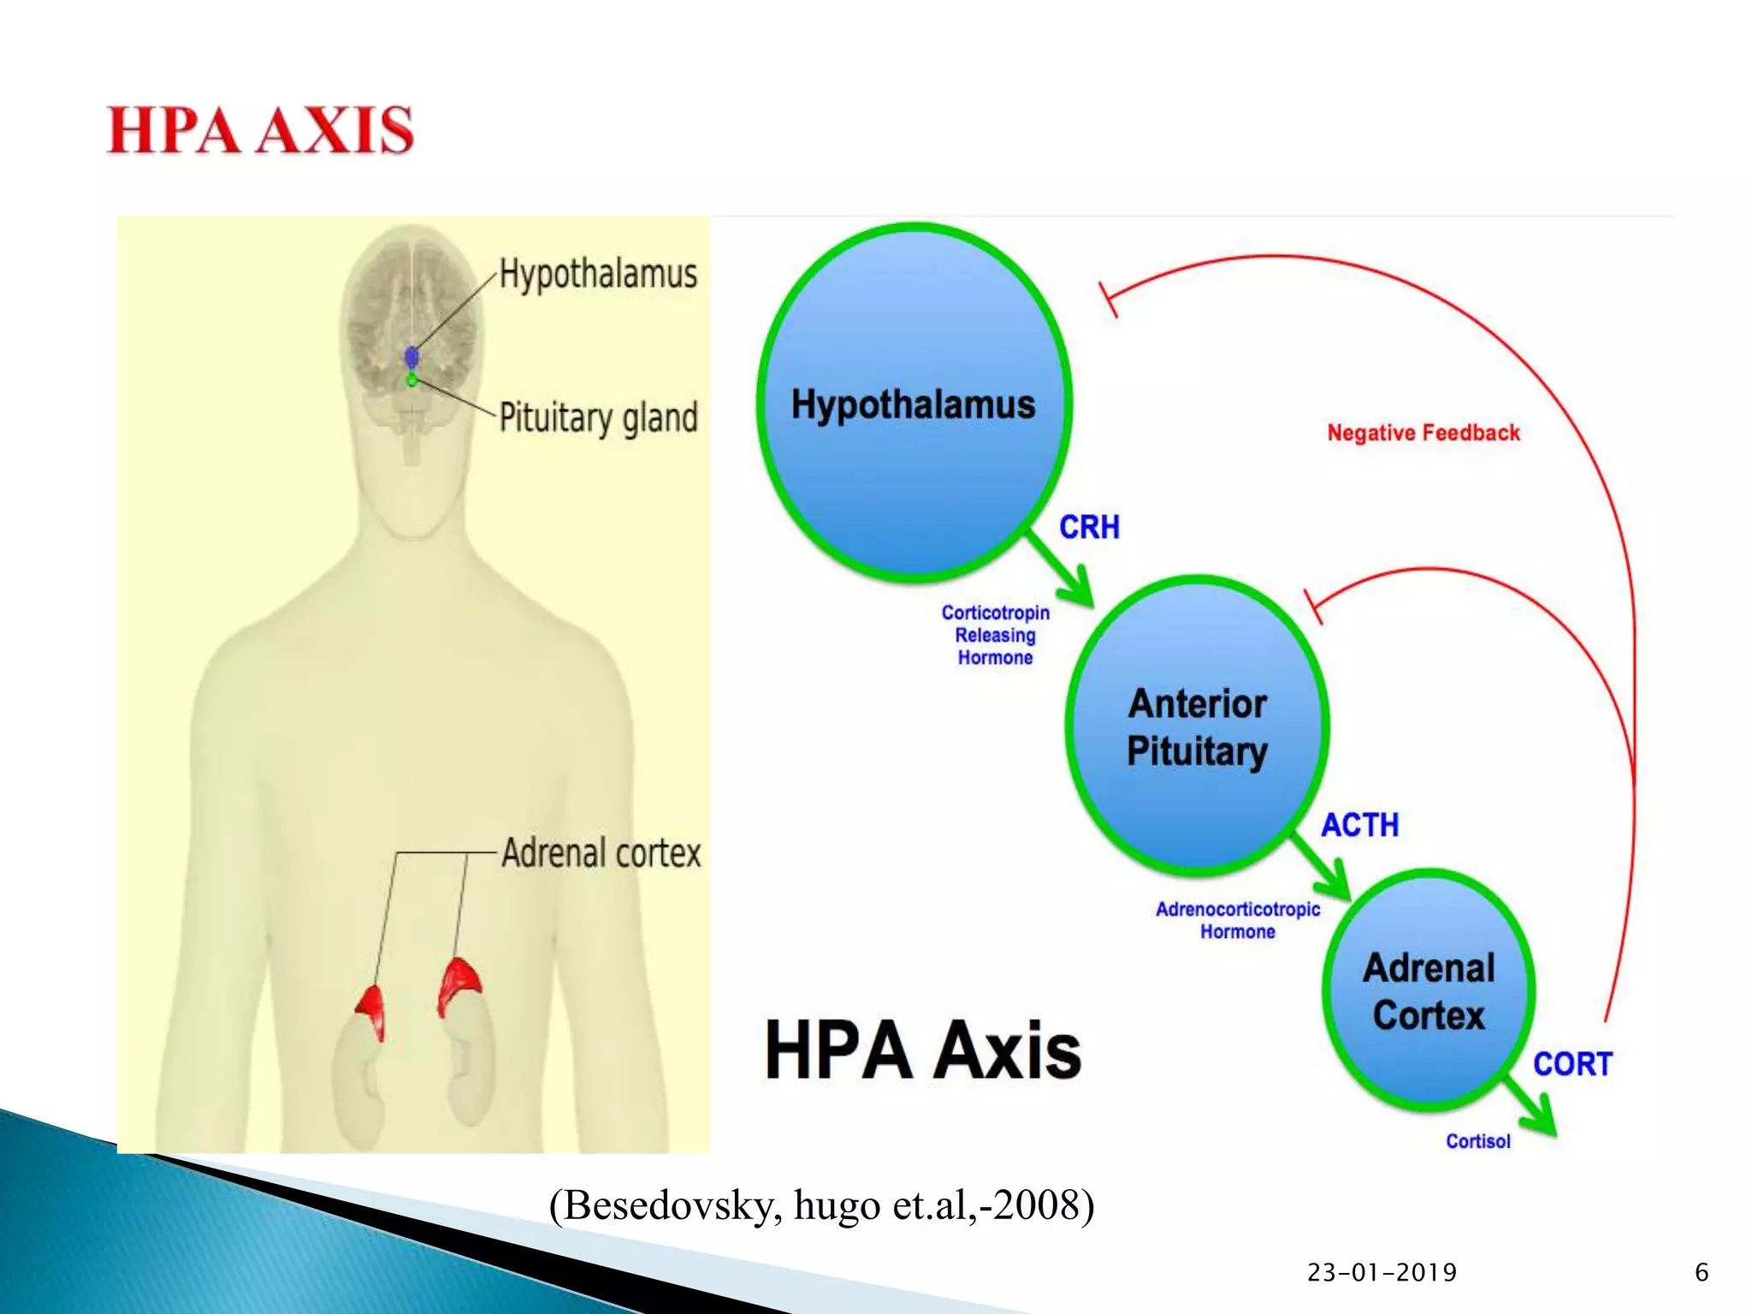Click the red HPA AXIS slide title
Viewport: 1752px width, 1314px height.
260,131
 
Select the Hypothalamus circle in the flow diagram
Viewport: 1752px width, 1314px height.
913,403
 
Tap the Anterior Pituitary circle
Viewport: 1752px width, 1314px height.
1197,727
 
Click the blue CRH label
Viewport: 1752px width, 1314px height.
1089,527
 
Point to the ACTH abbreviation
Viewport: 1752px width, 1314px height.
1360,825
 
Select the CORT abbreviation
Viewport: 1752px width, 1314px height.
1572,1064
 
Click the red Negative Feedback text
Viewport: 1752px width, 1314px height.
1423,433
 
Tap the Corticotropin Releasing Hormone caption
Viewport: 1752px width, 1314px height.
995,635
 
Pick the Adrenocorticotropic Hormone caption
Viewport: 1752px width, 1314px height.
1237,920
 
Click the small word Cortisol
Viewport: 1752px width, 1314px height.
1477,1141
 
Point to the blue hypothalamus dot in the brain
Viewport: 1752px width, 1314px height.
411,356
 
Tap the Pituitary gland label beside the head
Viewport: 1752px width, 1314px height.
598,417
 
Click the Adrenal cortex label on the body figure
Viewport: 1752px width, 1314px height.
601,853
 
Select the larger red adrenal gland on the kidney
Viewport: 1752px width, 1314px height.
459,985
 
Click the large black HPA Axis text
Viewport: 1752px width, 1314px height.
923,1051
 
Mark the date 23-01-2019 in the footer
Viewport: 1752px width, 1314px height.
1382,1273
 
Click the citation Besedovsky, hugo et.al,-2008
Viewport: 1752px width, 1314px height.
821,1205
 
